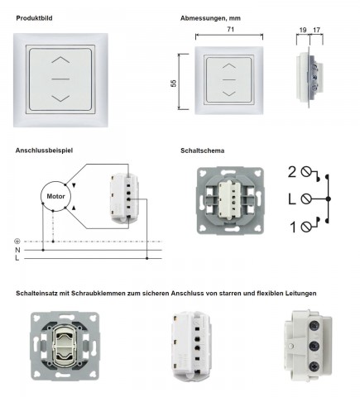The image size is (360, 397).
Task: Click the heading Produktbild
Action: coord(34,18)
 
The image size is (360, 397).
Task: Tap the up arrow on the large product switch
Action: coord(60,60)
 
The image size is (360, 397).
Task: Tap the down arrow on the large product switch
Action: coord(60,98)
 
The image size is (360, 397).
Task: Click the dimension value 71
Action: coord(231,29)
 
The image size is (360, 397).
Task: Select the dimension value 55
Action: coord(174,83)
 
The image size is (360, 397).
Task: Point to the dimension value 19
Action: coord(303,30)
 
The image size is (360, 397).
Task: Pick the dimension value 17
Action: coord(316,30)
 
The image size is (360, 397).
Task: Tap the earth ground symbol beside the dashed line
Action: coord(17,242)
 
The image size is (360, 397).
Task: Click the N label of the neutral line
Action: coord(17,250)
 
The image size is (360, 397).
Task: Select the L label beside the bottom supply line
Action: coord(17,258)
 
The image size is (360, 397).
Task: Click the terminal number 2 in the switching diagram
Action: coord(292,172)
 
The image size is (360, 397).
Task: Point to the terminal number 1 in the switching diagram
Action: coord(293,227)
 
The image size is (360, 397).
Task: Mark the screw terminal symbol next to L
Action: coord(306,198)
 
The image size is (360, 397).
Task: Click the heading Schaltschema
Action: coord(202,151)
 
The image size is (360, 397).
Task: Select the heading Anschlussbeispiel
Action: coord(44,151)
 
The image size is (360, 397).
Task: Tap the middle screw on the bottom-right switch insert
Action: coord(314,346)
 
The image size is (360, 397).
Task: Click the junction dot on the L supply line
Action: coord(147,258)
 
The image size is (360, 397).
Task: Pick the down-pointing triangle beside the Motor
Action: coord(74,185)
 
